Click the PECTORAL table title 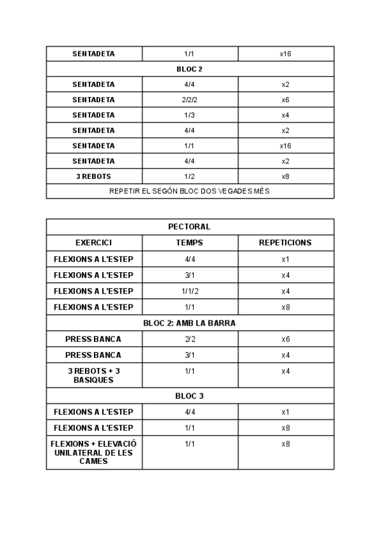click(x=189, y=226)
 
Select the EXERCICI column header click(x=93, y=243)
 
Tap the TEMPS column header click(x=189, y=243)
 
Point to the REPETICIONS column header click(x=285, y=243)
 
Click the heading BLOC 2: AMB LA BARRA click(x=189, y=323)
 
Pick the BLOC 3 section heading click(x=189, y=396)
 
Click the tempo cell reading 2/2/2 click(x=189, y=100)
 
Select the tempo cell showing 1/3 click(x=189, y=115)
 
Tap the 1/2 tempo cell click(x=189, y=176)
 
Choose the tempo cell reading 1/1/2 click(x=189, y=291)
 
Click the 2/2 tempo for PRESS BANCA click(x=189, y=339)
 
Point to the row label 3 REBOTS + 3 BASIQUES click(x=93, y=375)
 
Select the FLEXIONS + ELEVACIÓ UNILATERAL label click(x=93, y=452)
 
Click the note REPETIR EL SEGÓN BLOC click(x=189, y=191)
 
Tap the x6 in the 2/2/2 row click(x=285, y=100)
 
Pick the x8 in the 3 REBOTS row click(x=285, y=176)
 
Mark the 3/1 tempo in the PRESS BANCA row click(x=189, y=355)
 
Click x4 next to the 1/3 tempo click(x=285, y=115)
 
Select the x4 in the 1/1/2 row click(x=285, y=291)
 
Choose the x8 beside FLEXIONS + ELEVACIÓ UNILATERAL click(x=285, y=443)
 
